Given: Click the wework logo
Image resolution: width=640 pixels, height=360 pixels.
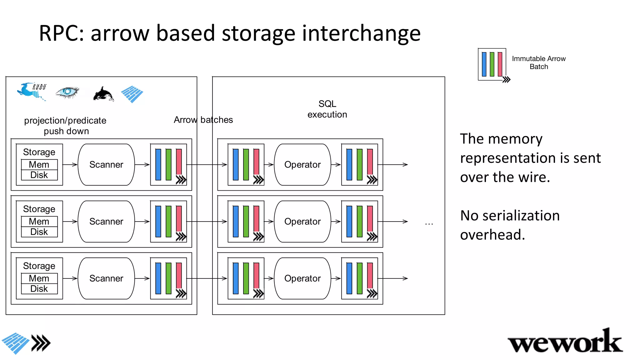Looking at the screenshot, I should click(x=565, y=342).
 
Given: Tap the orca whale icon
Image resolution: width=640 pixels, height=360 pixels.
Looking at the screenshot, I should click(x=103, y=94).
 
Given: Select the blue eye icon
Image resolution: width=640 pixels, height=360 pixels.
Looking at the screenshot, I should click(x=67, y=92).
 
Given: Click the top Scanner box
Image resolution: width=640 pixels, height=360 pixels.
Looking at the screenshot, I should click(x=106, y=164).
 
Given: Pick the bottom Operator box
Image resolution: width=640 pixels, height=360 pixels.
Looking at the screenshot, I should click(x=302, y=278).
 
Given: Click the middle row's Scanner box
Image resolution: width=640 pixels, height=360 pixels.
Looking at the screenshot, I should click(x=106, y=221).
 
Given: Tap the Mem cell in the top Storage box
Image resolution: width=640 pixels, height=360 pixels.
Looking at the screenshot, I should click(x=39, y=164).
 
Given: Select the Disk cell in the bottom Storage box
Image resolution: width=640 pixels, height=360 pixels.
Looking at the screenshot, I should click(x=39, y=289).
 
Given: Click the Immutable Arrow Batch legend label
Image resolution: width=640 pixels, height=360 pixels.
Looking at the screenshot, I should click(x=538, y=62).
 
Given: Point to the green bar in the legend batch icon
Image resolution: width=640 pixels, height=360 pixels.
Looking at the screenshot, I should click(x=492, y=64).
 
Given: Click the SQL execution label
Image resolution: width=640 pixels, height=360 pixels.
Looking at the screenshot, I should click(x=327, y=109).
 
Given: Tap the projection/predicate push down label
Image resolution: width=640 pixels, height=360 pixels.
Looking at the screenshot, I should click(x=65, y=126).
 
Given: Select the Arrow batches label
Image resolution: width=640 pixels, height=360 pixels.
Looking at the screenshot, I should click(x=203, y=120).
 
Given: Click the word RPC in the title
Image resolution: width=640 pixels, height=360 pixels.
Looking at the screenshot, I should click(x=61, y=33).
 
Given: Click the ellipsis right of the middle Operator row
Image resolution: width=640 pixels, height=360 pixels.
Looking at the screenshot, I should click(x=429, y=223).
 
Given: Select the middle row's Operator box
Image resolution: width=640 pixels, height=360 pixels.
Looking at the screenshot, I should click(x=302, y=221).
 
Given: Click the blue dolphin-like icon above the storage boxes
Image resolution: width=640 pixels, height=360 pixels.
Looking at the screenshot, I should click(x=31, y=91).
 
